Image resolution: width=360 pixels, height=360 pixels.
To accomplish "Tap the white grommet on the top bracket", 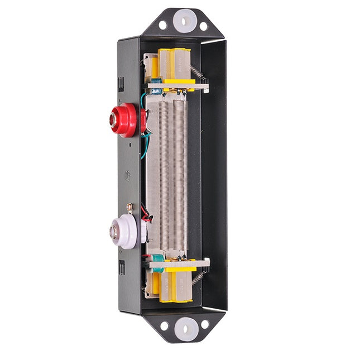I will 183,22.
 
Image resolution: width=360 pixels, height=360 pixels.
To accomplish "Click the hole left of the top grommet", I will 162,25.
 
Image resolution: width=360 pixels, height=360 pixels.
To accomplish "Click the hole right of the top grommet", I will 203,26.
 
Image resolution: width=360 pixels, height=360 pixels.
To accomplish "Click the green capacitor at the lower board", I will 157,261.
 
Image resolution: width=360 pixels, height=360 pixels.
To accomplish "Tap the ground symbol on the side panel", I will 128,174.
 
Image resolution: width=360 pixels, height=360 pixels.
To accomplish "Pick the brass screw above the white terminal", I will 130,208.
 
